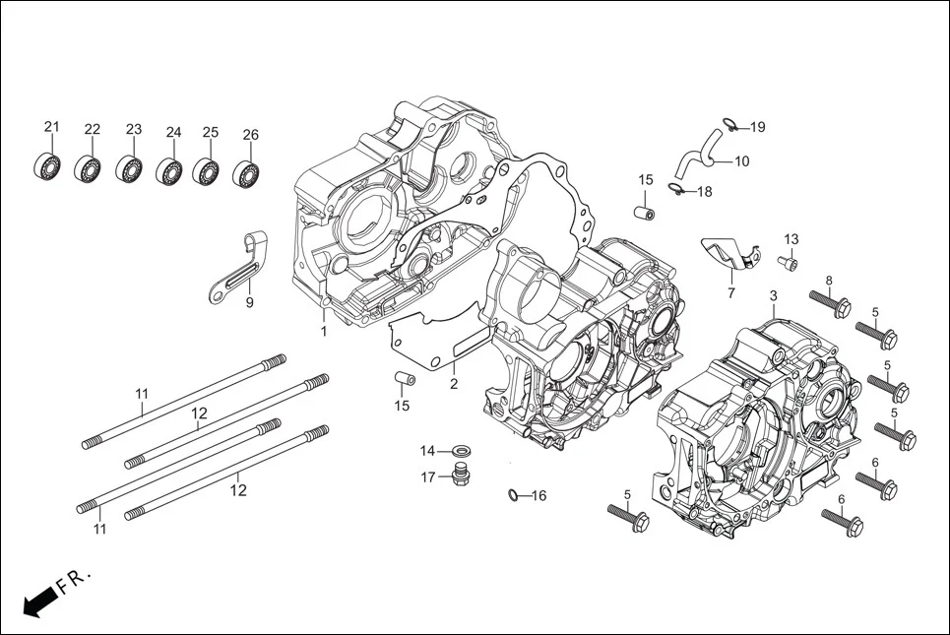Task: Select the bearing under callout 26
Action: tap(247, 174)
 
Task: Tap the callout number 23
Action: tap(134, 130)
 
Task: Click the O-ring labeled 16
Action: tap(514, 494)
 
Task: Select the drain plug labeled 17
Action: tap(459, 476)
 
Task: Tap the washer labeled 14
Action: tap(458, 451)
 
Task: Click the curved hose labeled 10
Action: tap(698, 152)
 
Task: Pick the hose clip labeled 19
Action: tap(729, 124)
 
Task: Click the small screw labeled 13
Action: tap(787, 262)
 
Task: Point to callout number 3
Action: tap(773, 295)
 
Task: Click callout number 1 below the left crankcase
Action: tap(323, 332)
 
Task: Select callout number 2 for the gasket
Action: tap(454, 384)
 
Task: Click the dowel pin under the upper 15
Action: tap(646, 211)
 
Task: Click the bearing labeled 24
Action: tap(169, 170)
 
